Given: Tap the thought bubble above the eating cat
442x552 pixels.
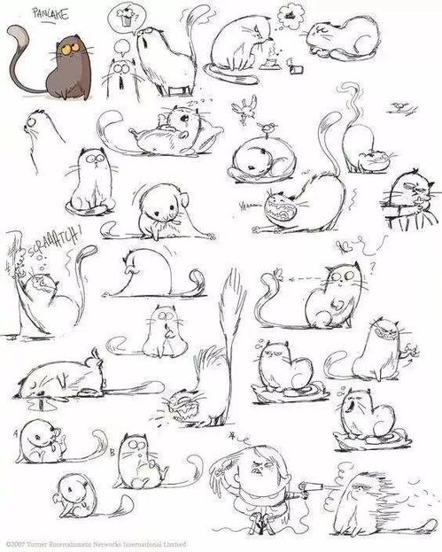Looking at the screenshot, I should tap(288, 13).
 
